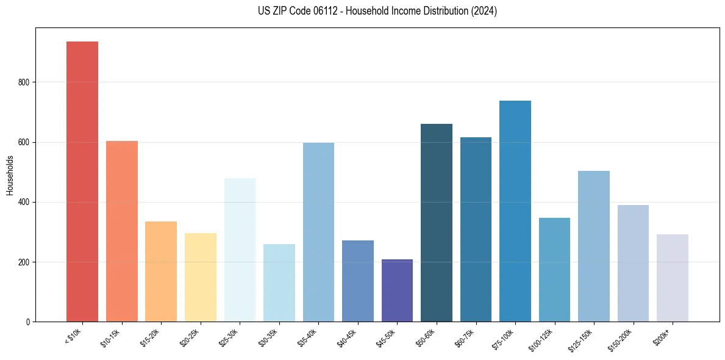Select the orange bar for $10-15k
click(x=122, y=231)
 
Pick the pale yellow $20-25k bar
click(x=201, y=277)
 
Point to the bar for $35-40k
click(x=318, y=232)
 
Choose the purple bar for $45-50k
click(x=397, y=290)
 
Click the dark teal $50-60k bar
click(x=437, y=223)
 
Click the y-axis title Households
click(x=10, y=175)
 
